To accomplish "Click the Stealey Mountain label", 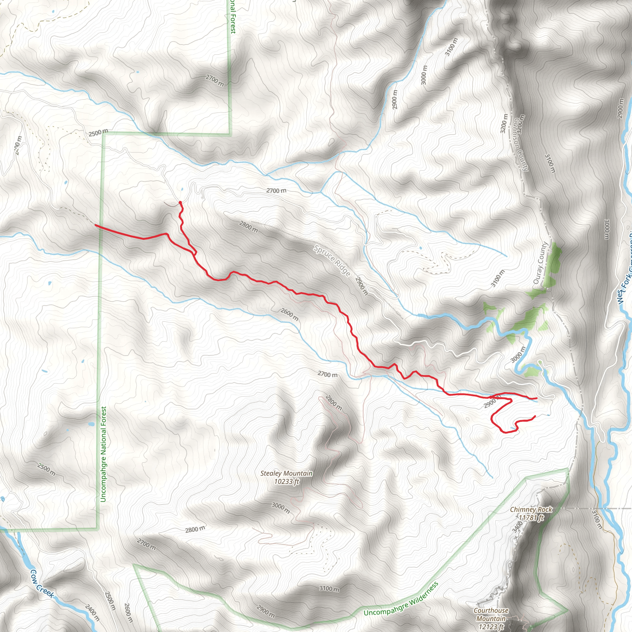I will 286,473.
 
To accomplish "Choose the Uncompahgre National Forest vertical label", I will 103,455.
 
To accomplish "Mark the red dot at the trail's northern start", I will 180,202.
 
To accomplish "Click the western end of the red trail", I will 95,225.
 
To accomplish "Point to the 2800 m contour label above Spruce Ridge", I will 248,227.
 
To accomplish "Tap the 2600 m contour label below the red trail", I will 289,314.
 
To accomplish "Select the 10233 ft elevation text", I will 287,481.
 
